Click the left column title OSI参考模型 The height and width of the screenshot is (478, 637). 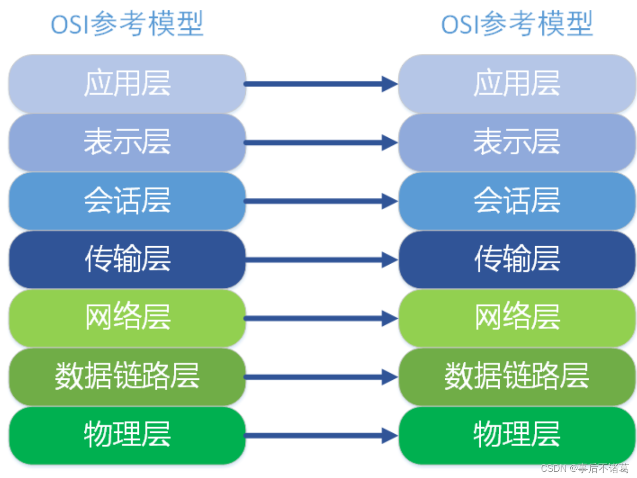[x=127, y=24]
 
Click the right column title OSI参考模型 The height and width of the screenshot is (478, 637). [x=517, y=24]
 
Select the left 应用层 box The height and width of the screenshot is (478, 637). [x=127, y=84]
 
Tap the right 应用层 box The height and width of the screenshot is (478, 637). [x=517, y=84]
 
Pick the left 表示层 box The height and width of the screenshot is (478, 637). [x=127, y=142]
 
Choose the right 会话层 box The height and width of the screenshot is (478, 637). [x=517, y=201]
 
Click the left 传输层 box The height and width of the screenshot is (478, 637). [x=127, y=260]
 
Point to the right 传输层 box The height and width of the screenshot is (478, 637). [x=517, y=260]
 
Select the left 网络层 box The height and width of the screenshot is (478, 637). [x=127, y=318]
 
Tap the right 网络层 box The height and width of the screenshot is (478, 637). [x=517, y=318]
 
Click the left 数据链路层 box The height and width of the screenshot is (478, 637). [x=127, y=376]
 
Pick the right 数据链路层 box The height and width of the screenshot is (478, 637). [x=517, y=376]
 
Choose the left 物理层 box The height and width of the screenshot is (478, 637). [x=127, y=435]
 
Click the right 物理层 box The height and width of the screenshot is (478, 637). [x=517, y=435]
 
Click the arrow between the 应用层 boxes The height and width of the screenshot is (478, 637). [x=321, y=84]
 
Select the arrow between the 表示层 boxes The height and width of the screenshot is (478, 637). [x=321, y=143]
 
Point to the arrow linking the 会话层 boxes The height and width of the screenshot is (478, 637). [x=321, y=201]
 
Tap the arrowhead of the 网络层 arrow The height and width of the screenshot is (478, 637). [x=390, y=319]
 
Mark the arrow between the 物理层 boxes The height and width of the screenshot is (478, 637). [x=321, y=436]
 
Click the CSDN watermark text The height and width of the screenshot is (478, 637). [x=585, y=468]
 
